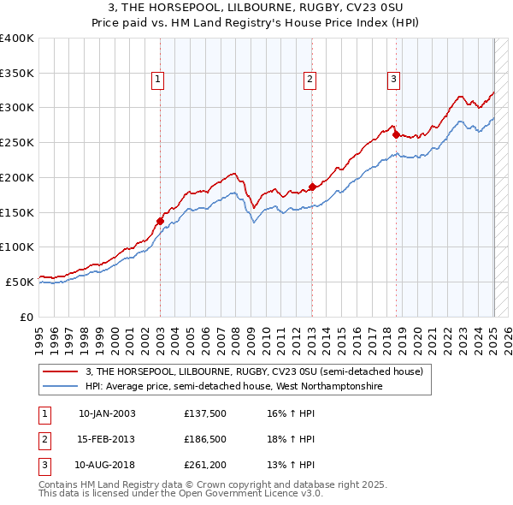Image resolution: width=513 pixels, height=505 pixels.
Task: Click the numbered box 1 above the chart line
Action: point(159,80)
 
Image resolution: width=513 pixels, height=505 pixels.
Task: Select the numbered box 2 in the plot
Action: point(310,80)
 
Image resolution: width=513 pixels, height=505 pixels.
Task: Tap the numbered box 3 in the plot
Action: point(394,80)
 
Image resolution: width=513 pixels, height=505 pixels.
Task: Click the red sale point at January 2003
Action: point(160,221)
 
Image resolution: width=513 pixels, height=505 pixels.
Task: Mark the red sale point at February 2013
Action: point(312,187)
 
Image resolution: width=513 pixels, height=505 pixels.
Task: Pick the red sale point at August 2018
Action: point(396,134)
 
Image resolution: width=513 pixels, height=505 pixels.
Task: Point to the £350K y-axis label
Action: point(17,74)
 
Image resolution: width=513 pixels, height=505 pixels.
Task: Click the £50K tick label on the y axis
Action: point(20,282)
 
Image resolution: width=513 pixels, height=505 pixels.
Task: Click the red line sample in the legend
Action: point(62,372)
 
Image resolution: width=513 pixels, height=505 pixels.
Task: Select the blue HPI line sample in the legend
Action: point(62,386)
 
